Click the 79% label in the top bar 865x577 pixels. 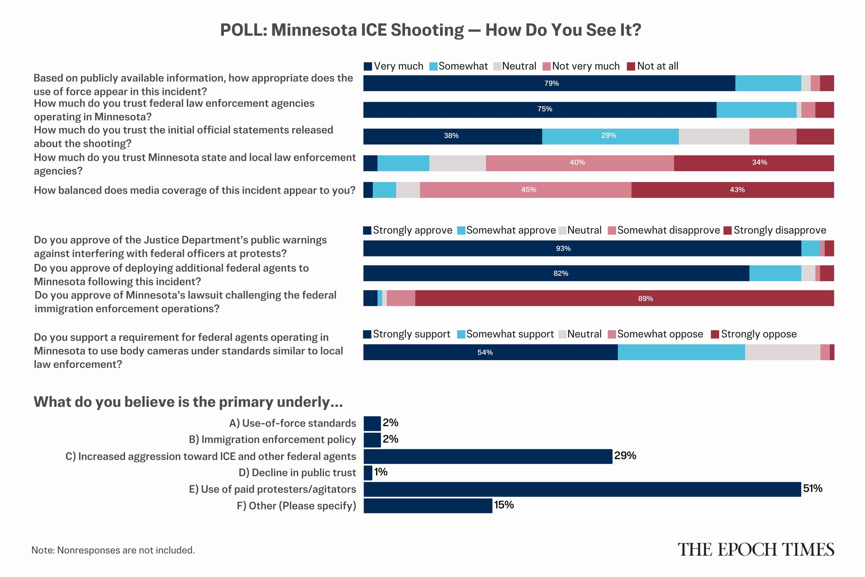click(551, 83)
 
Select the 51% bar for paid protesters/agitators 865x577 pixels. click(582, 489)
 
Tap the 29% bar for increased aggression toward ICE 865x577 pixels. click(488, 456)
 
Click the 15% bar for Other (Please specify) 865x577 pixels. click(428, 506)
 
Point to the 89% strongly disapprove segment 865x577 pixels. click(624, 298)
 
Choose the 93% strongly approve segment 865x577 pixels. click(582, 248)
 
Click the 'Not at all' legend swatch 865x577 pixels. click(631, 66)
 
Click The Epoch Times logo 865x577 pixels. click(756, 549)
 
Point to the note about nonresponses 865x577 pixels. click(113, 550)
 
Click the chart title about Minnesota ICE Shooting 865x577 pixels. click(431, 30)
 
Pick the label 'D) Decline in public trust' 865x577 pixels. click(297, 473)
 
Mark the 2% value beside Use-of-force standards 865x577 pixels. click(390, 423)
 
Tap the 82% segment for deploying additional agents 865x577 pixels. click(556, 273)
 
